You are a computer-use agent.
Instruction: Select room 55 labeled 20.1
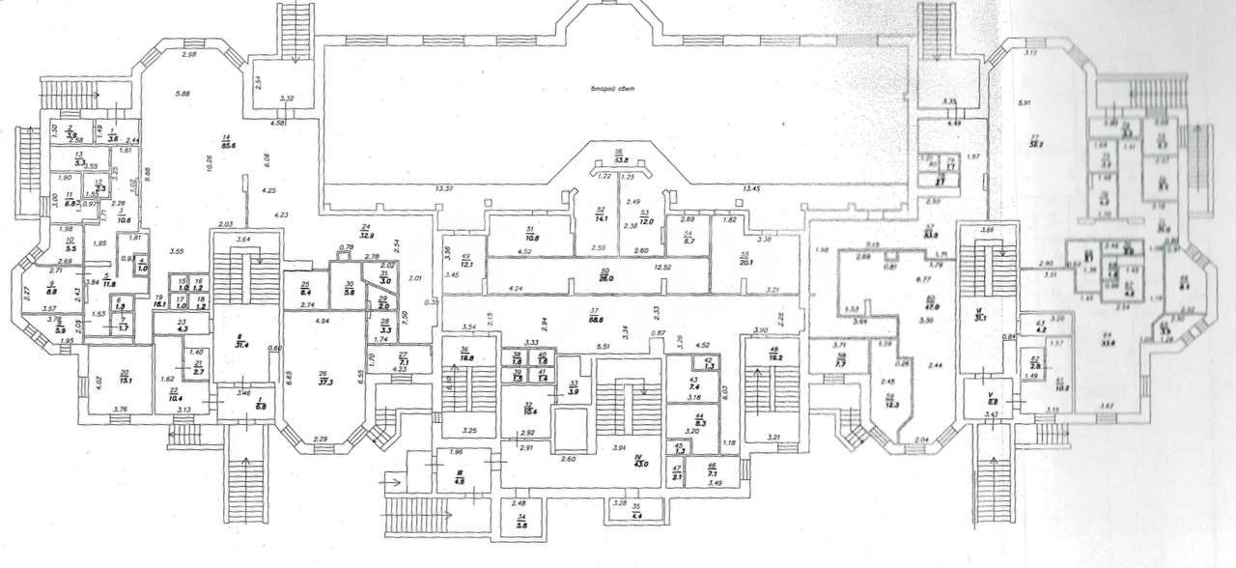pyautogui.click(x=744, y=260)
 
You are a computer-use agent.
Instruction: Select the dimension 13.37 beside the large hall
pyautogui.click(x=445, y=188)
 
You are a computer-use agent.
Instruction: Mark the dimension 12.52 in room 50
pyautogui.click(x=661, y=267)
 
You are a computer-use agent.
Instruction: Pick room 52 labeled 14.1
pyautogui.click(x=600, y=218)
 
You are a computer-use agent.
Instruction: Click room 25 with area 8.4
pyautogui.click(x=305, y=290)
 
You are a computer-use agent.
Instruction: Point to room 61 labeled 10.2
pyautogui.click(x=1059, y=389)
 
